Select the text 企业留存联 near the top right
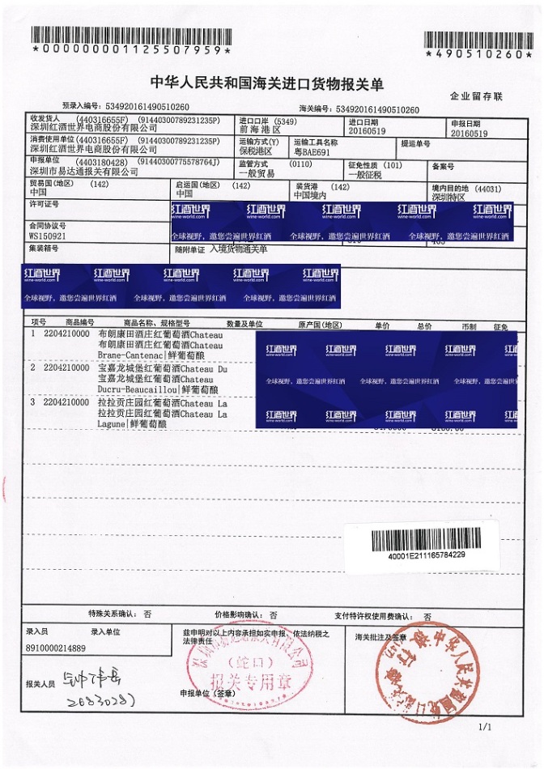tap(477, 96)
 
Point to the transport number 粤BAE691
tap(312, 151)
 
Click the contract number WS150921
tap(47, 236)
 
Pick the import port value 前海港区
tap(259, 130)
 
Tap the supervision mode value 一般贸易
tap(257, 173)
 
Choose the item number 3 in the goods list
tap(33, 401)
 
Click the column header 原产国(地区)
tap(320, 325)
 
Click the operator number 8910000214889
tap(56, 648)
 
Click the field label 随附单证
tap(190, 250)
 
